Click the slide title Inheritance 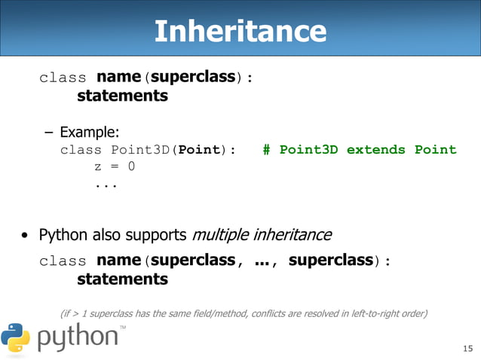(x=240, y=31)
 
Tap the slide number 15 (x=467, y=347)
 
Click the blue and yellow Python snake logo (x=16, y=337)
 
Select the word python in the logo (x=77, y=337)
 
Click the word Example (x=90, y=133)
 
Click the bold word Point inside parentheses (x=198, y=149)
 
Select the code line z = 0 (x=115, y=166)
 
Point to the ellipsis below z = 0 (x=106, y=183)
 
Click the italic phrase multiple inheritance (x=262, y=234)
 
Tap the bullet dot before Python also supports (x=25, y=236)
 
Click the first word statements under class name (x=122, y=96)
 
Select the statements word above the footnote (x=122, y=279)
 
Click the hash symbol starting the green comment (x=267, y=149)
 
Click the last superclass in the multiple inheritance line (x=331, y=261)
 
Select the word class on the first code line (x=63, y=78)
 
